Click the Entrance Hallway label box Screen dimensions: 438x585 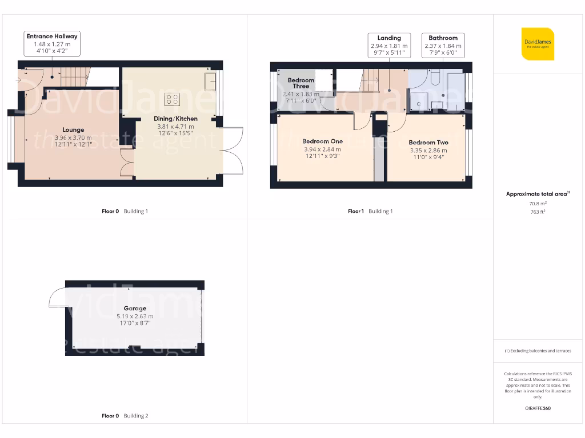pos(52,43)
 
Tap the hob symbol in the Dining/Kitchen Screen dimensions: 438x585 pos(171,100)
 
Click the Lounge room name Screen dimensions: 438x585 pos(73,130)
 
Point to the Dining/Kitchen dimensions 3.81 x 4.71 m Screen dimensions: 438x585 pos(175,126)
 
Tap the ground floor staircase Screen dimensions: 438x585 pos(74,74)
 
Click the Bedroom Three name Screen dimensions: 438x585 pos(301,83)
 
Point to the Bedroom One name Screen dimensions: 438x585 pos(322,141)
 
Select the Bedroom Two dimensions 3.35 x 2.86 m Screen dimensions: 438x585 pos(428,151)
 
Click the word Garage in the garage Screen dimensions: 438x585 pos(135,309)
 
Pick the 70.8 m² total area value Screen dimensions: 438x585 pos(538,204)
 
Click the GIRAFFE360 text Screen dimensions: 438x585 pos(538,408)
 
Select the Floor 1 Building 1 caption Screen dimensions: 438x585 pos(370,212)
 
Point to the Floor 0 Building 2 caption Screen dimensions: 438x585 pos(125,416)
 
